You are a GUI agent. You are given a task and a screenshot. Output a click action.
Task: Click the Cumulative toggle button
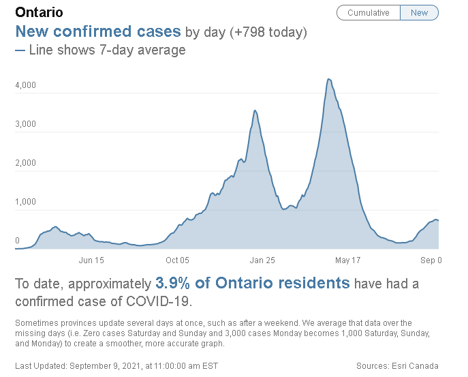368,13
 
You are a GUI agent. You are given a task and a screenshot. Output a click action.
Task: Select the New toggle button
419,13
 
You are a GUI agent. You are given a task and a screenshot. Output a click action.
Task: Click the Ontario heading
39,13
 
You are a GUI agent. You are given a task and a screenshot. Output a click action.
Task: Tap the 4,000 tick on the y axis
26,85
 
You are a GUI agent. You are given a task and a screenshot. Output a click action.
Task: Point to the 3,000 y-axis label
26,124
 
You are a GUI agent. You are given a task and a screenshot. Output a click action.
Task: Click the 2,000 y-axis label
26,163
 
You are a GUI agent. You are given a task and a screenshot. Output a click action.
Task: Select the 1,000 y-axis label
26,202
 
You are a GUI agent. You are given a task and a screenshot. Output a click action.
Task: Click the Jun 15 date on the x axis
91,260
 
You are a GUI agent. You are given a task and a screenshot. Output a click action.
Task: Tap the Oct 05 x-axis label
176,260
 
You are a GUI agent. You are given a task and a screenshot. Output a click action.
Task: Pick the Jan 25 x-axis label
262,260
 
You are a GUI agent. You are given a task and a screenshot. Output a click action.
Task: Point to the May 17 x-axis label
347,260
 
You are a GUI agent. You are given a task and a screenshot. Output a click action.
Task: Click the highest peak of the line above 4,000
328,79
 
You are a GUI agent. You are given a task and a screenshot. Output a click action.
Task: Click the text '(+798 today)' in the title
267,32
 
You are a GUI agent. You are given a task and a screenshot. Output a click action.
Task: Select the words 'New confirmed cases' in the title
98,32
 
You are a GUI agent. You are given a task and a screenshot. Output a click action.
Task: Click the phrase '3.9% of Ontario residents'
253,283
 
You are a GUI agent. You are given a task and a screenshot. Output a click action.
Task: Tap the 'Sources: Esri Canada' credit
397,365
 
